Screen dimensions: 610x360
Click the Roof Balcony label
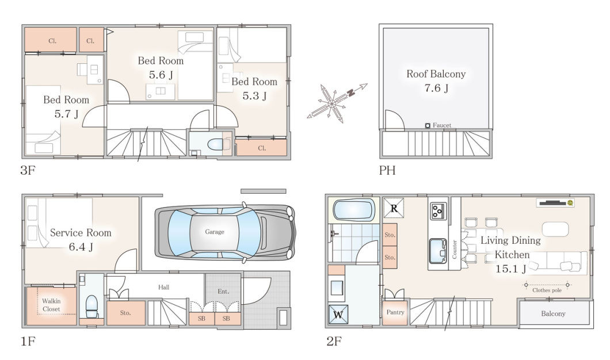pyautogui.click(x=436, y=74)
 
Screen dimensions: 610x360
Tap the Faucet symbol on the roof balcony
pyautogui.click(x=428, y=125)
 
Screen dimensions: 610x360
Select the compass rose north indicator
pyautogui.click(x=351, y=93)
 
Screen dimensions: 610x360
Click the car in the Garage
pyautogui.click(x=225, y=232)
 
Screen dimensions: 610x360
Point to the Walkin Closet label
pyautogui.click(x=51, y=305)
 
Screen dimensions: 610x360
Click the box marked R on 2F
pyautogui.click(x=394, y=208)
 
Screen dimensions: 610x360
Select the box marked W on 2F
pyautogui.click(x=338, y=315)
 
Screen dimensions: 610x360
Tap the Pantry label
pyautogui.click(x=395, y=312)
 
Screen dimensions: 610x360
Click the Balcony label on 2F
pyautogui.click(x=553, y=313)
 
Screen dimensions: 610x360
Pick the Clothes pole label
pyautogui.click(x=547, y=290)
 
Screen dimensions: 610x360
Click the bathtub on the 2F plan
pyautogui.click(x=354, y=210)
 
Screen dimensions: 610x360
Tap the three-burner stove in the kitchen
pyautogui.click(x=439, y=211)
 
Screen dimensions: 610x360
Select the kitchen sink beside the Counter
pyautogui.click(x=439, y=251)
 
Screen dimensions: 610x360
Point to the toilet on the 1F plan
pyautogui.click(x=91, y=307)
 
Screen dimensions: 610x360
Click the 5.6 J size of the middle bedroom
pyautogui.click(x=161, y=75)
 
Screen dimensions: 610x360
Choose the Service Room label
pyautogui.click(x=81, y=232)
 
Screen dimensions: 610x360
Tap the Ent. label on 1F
pyautogui.click(x=223, y=291)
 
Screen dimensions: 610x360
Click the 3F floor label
pyautogui.click(x=28, y=170)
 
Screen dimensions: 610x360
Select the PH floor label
pyautogui.click(x=387, y=170)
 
